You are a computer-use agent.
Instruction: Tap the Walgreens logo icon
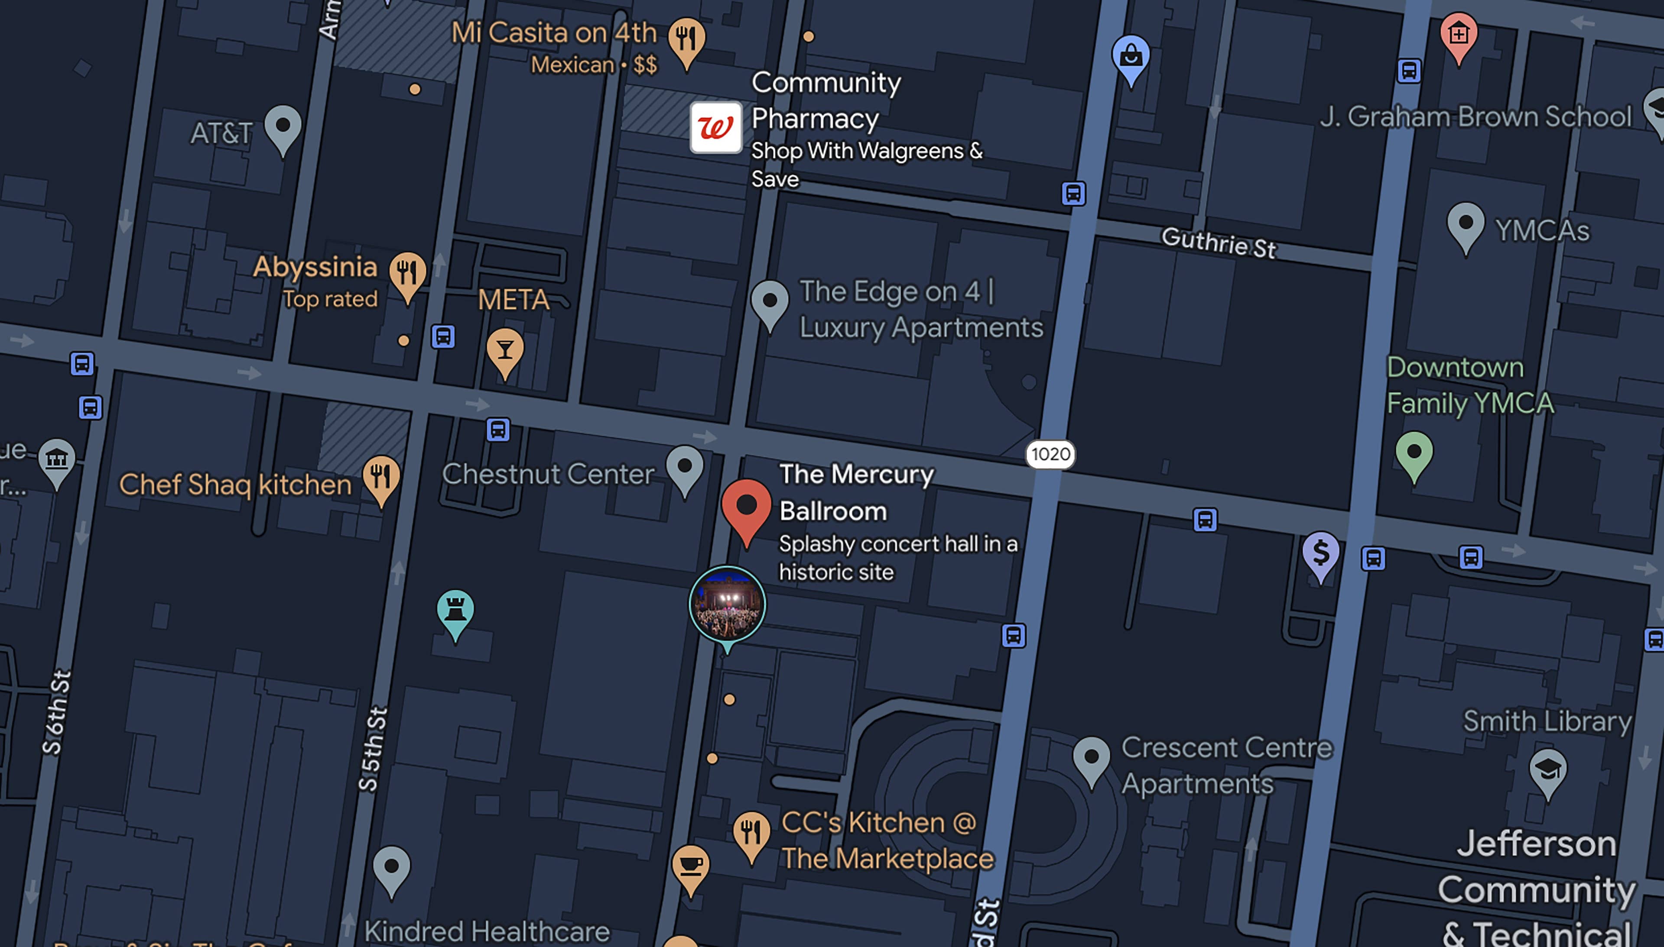(x=716, y=127)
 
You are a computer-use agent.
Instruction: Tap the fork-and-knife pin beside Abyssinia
(x=407, y=273)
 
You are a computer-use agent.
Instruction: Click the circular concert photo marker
(x=727, y=604)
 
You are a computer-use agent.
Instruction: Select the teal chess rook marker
(x=455, y=611)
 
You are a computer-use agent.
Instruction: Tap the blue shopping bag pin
(x=1131, y=57)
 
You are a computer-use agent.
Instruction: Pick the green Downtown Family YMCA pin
(x=1414, y=453)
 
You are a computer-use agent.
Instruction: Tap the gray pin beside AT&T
(x=283, y=127)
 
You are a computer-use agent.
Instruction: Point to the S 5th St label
(x=373, y=749)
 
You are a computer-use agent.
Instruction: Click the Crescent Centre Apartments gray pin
(x=1091, y=758)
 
